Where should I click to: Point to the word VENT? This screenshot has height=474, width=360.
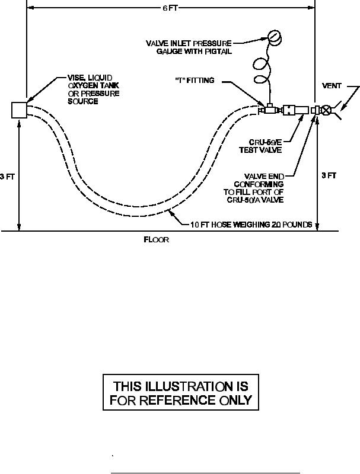pyautogui.click(x=331, y=85)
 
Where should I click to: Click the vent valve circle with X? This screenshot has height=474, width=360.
pyautogui.click(x=326, y=110)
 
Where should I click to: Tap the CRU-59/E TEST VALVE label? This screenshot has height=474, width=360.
pyautogui.click(x=265, y=146)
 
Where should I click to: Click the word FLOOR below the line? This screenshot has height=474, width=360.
pyautogui.click(x=157, y=241)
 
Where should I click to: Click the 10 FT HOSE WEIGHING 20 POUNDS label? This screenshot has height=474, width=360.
pyautogui.click(x=251, y=225)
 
